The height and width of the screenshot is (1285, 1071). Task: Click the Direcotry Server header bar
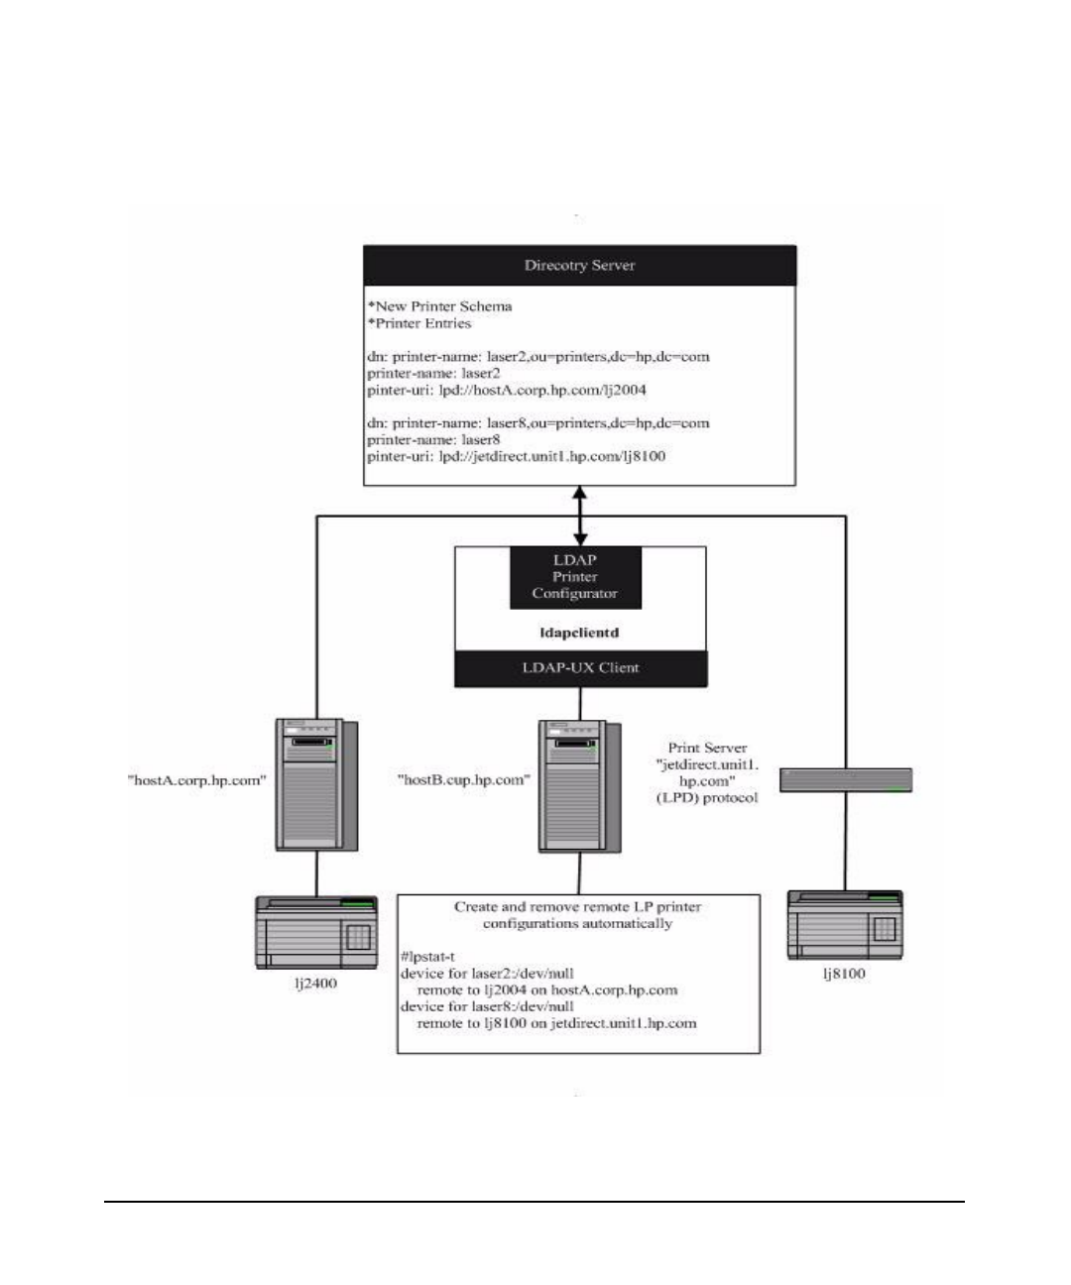(x=579, y=266)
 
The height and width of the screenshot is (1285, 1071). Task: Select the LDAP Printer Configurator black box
(x=575, y=577)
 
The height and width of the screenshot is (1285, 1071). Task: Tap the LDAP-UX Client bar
(x=581, y=668)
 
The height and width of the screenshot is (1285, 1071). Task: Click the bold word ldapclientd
(x=580, y=632)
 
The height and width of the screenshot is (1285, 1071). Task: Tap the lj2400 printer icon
(x=316, y=932)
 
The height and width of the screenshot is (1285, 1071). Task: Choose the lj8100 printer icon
(x=845, y=924)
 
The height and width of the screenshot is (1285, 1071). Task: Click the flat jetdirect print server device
(x=845, y=780)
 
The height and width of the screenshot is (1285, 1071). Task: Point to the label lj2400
(x=316, y=985)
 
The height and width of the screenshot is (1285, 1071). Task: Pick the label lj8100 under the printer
(x=844, y=974)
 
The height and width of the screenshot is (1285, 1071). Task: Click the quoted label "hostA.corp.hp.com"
(x=196, y=780)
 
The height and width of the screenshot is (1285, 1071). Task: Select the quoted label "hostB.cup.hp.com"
(x=461, y=780)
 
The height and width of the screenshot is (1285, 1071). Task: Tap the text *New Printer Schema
(x=439, y=306)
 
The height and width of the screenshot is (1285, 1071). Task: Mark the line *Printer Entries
(x=419, y=323)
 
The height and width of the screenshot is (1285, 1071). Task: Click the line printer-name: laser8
(x=433, y=439)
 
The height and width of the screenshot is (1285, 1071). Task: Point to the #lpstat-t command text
(x=427, y=957)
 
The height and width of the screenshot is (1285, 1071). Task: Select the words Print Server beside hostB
(x=707, y=748)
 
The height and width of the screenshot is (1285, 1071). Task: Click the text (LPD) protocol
(x=707, y=797)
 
